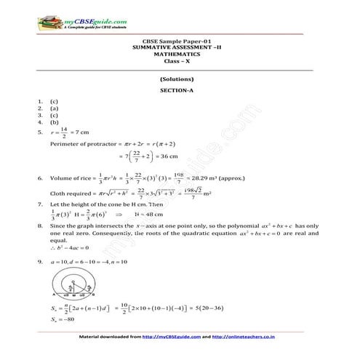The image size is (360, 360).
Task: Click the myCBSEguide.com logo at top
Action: pyautogui.click(x=68, y=22)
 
